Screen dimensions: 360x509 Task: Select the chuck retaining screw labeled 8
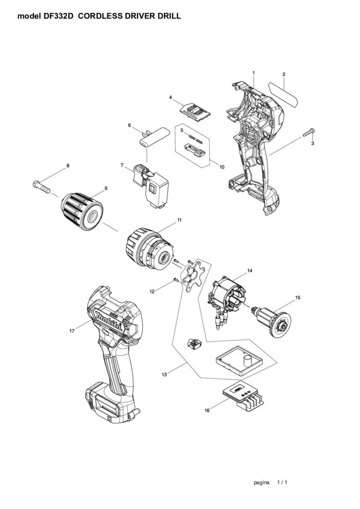tap(41, 187)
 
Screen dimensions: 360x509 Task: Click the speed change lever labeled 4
tap(195, 112)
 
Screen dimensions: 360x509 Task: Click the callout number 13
tap(164, 375)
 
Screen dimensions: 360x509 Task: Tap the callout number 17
tap(72, 331)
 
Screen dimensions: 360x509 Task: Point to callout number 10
tap(222, 167)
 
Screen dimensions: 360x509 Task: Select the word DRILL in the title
tap(170, 16)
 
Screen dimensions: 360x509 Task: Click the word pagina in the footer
tap(262, 483)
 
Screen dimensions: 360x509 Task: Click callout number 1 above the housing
tap(254, 73)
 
